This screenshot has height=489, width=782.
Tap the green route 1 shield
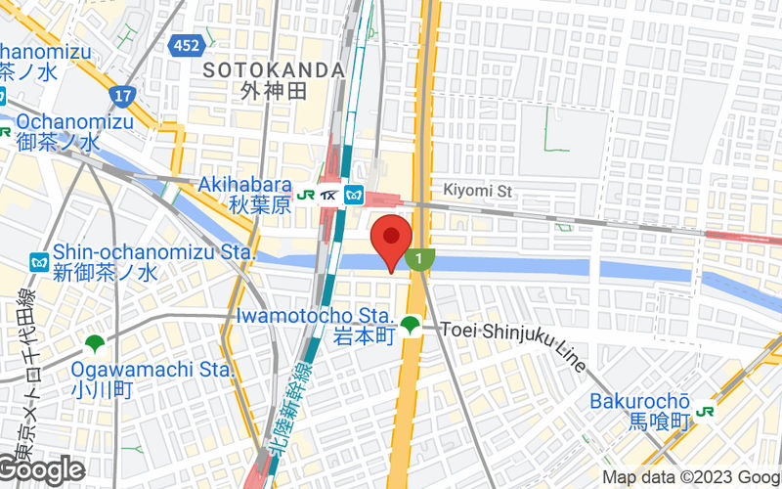coord(419,258)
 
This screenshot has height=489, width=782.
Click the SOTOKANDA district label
coord(274,70)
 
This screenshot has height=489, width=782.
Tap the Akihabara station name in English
coord(245,185)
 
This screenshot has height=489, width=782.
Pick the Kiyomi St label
coord(478,192)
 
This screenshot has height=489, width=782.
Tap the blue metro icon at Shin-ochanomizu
coord(39,262)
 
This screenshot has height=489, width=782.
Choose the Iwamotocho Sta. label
coord(314,316)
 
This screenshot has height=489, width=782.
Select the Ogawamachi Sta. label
coord(152,370)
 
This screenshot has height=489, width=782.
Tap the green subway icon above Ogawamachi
coord(94,343)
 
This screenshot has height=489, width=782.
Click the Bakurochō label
coord(640,401)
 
